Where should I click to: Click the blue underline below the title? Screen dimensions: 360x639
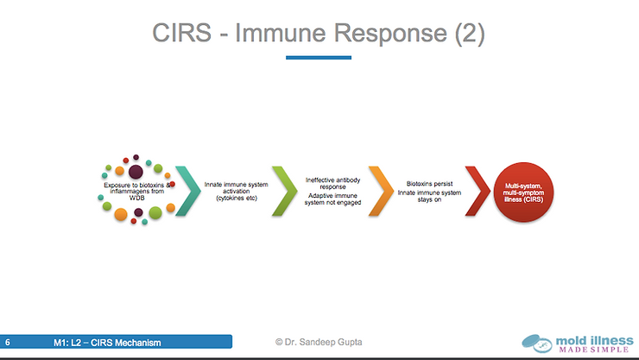point(319,58)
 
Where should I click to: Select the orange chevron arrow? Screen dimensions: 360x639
point(379,190)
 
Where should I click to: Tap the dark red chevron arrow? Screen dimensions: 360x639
point(476,190)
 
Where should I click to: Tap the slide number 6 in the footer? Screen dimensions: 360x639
point(8,344)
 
